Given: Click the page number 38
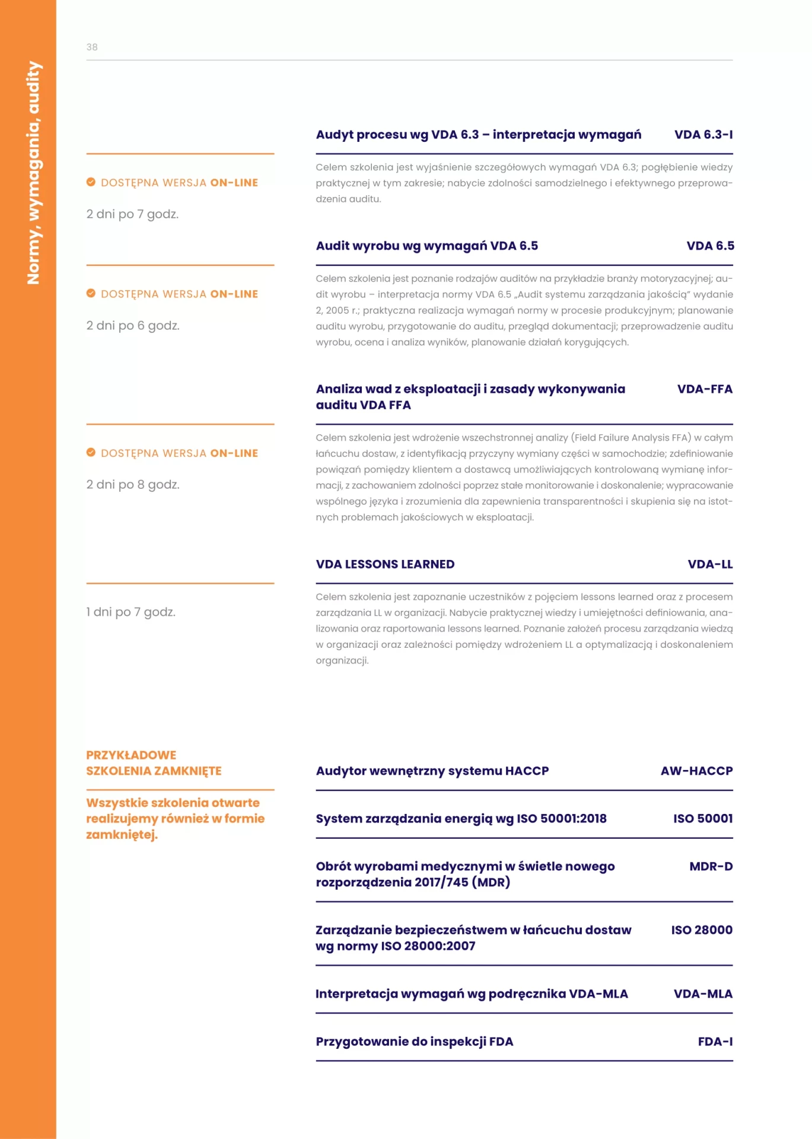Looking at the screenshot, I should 92,47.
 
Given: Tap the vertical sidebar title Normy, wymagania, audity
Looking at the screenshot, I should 34,173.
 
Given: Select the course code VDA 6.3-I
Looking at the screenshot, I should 703,135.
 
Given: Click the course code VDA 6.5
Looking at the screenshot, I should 710,246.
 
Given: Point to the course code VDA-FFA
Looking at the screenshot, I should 705,389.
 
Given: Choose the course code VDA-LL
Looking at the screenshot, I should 710,564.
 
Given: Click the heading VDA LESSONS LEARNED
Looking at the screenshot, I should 385,564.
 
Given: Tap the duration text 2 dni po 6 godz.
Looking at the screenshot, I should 133,326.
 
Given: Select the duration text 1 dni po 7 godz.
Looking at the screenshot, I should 130,612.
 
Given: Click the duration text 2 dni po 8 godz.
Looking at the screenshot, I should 133,485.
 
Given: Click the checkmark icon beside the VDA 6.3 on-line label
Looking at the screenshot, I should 91,182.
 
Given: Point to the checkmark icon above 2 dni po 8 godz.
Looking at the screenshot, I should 91,453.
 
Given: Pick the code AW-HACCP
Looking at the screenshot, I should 696,771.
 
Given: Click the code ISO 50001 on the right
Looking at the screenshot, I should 703,819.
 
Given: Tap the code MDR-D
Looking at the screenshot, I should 711,866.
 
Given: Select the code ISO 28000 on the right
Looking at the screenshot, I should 702,930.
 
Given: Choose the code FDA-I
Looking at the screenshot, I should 715,1041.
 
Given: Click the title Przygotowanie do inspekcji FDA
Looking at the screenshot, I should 414,1041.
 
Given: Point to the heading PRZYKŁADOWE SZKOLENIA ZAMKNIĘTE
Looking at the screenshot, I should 154,763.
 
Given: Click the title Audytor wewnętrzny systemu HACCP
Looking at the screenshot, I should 432,771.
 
